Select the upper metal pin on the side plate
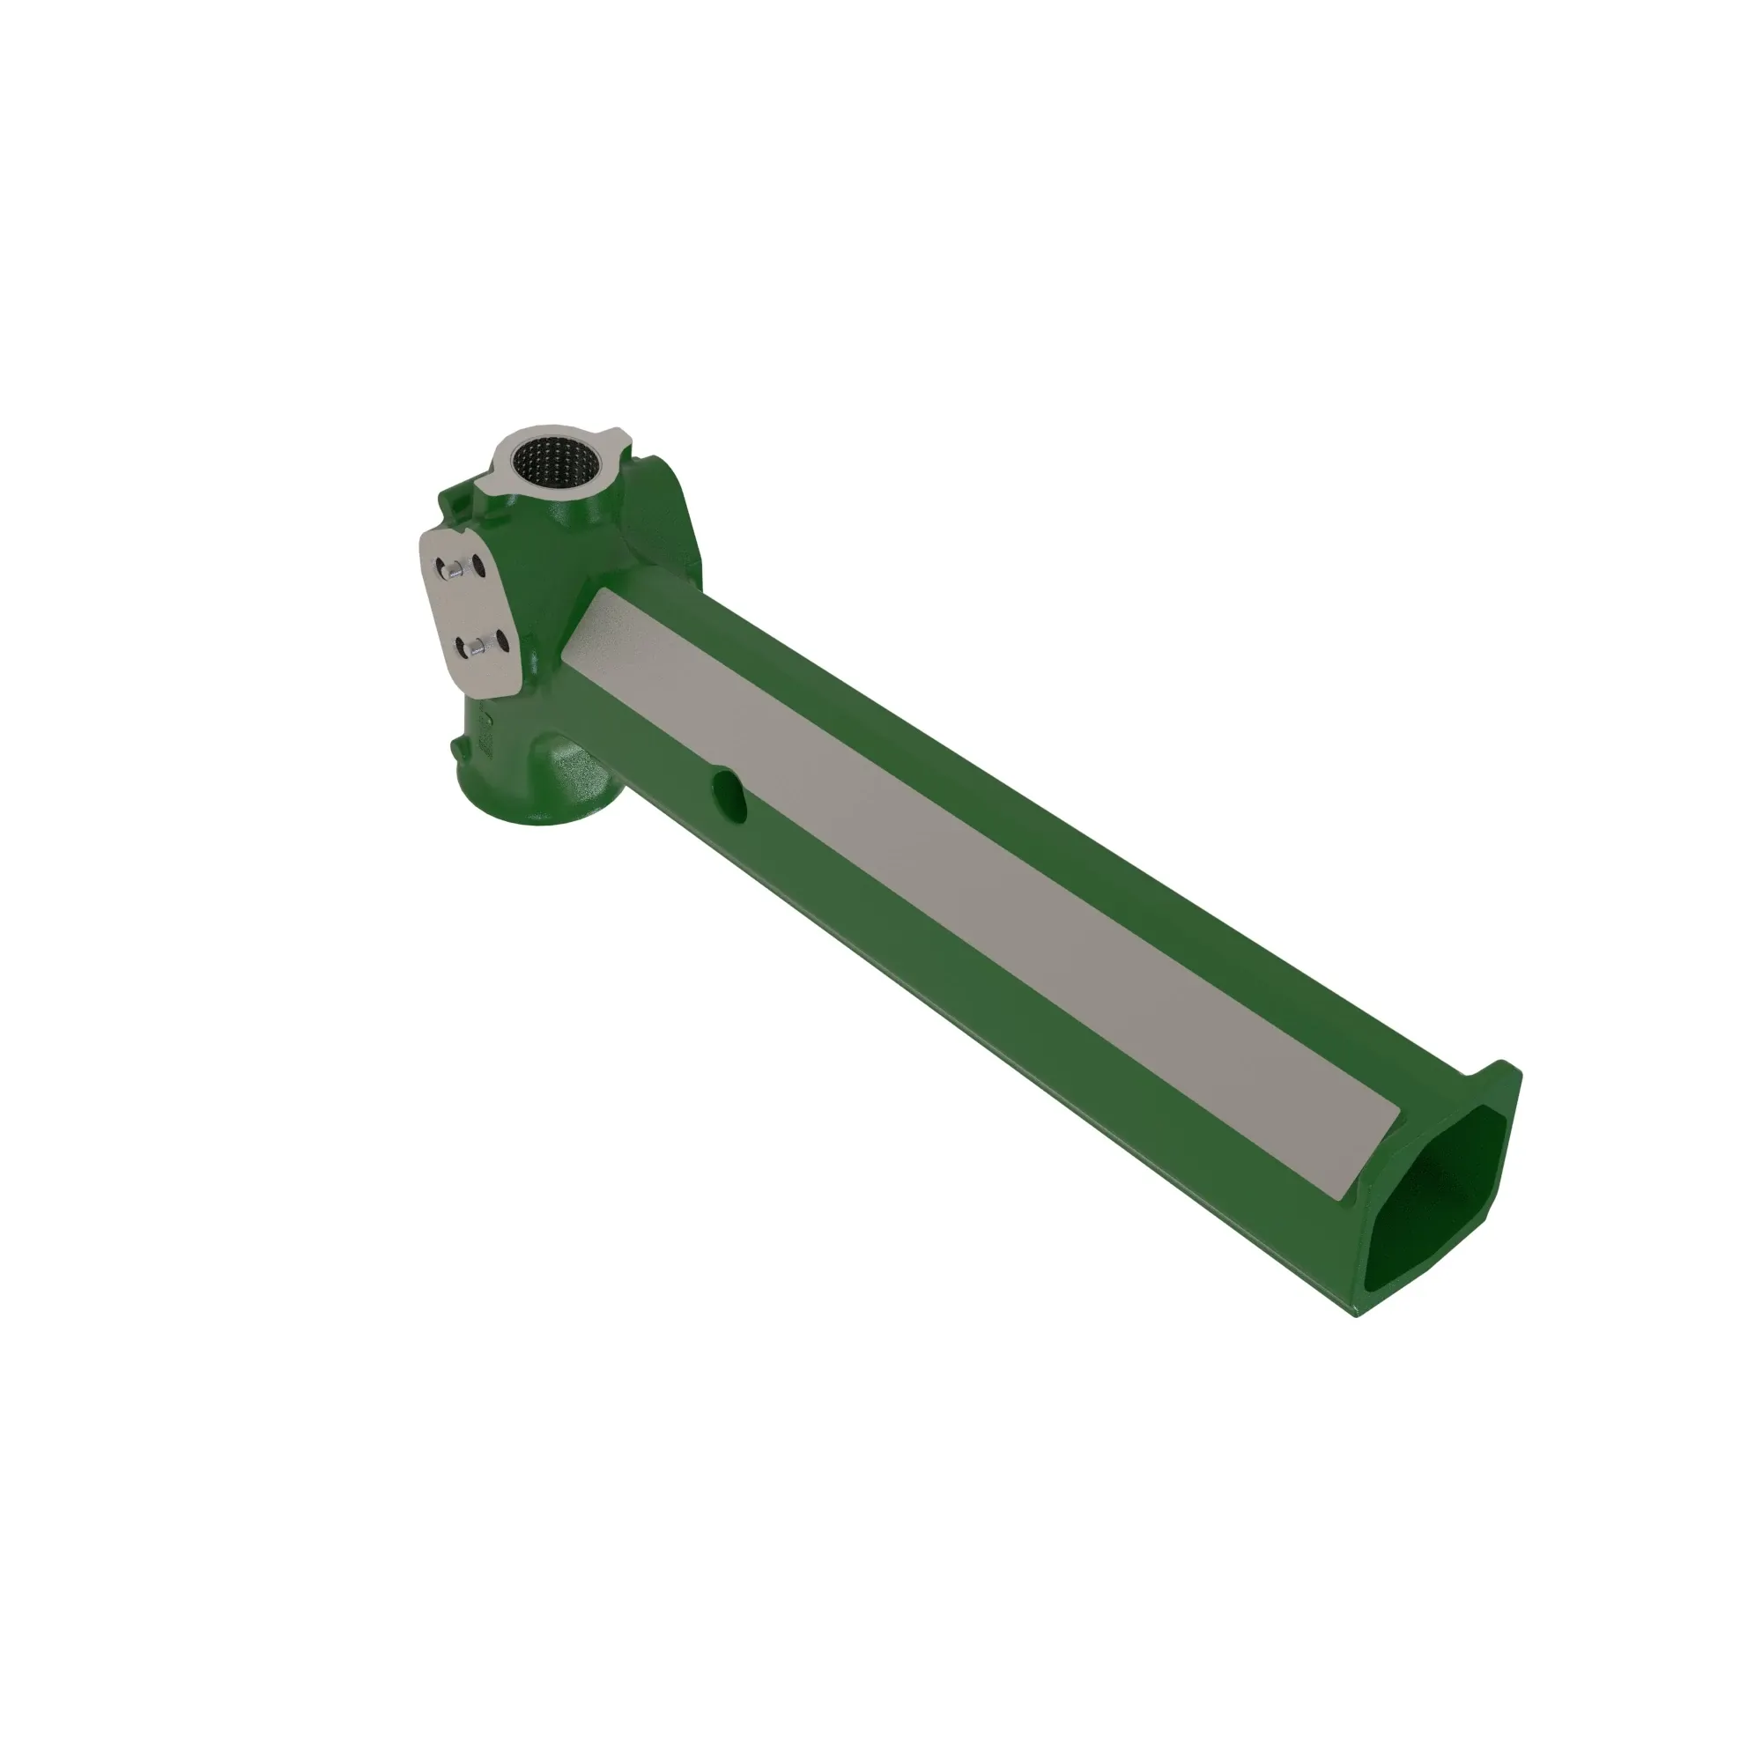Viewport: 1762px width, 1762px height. tap(449, 570)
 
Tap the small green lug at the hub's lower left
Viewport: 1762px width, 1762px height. tap(455, 748)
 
